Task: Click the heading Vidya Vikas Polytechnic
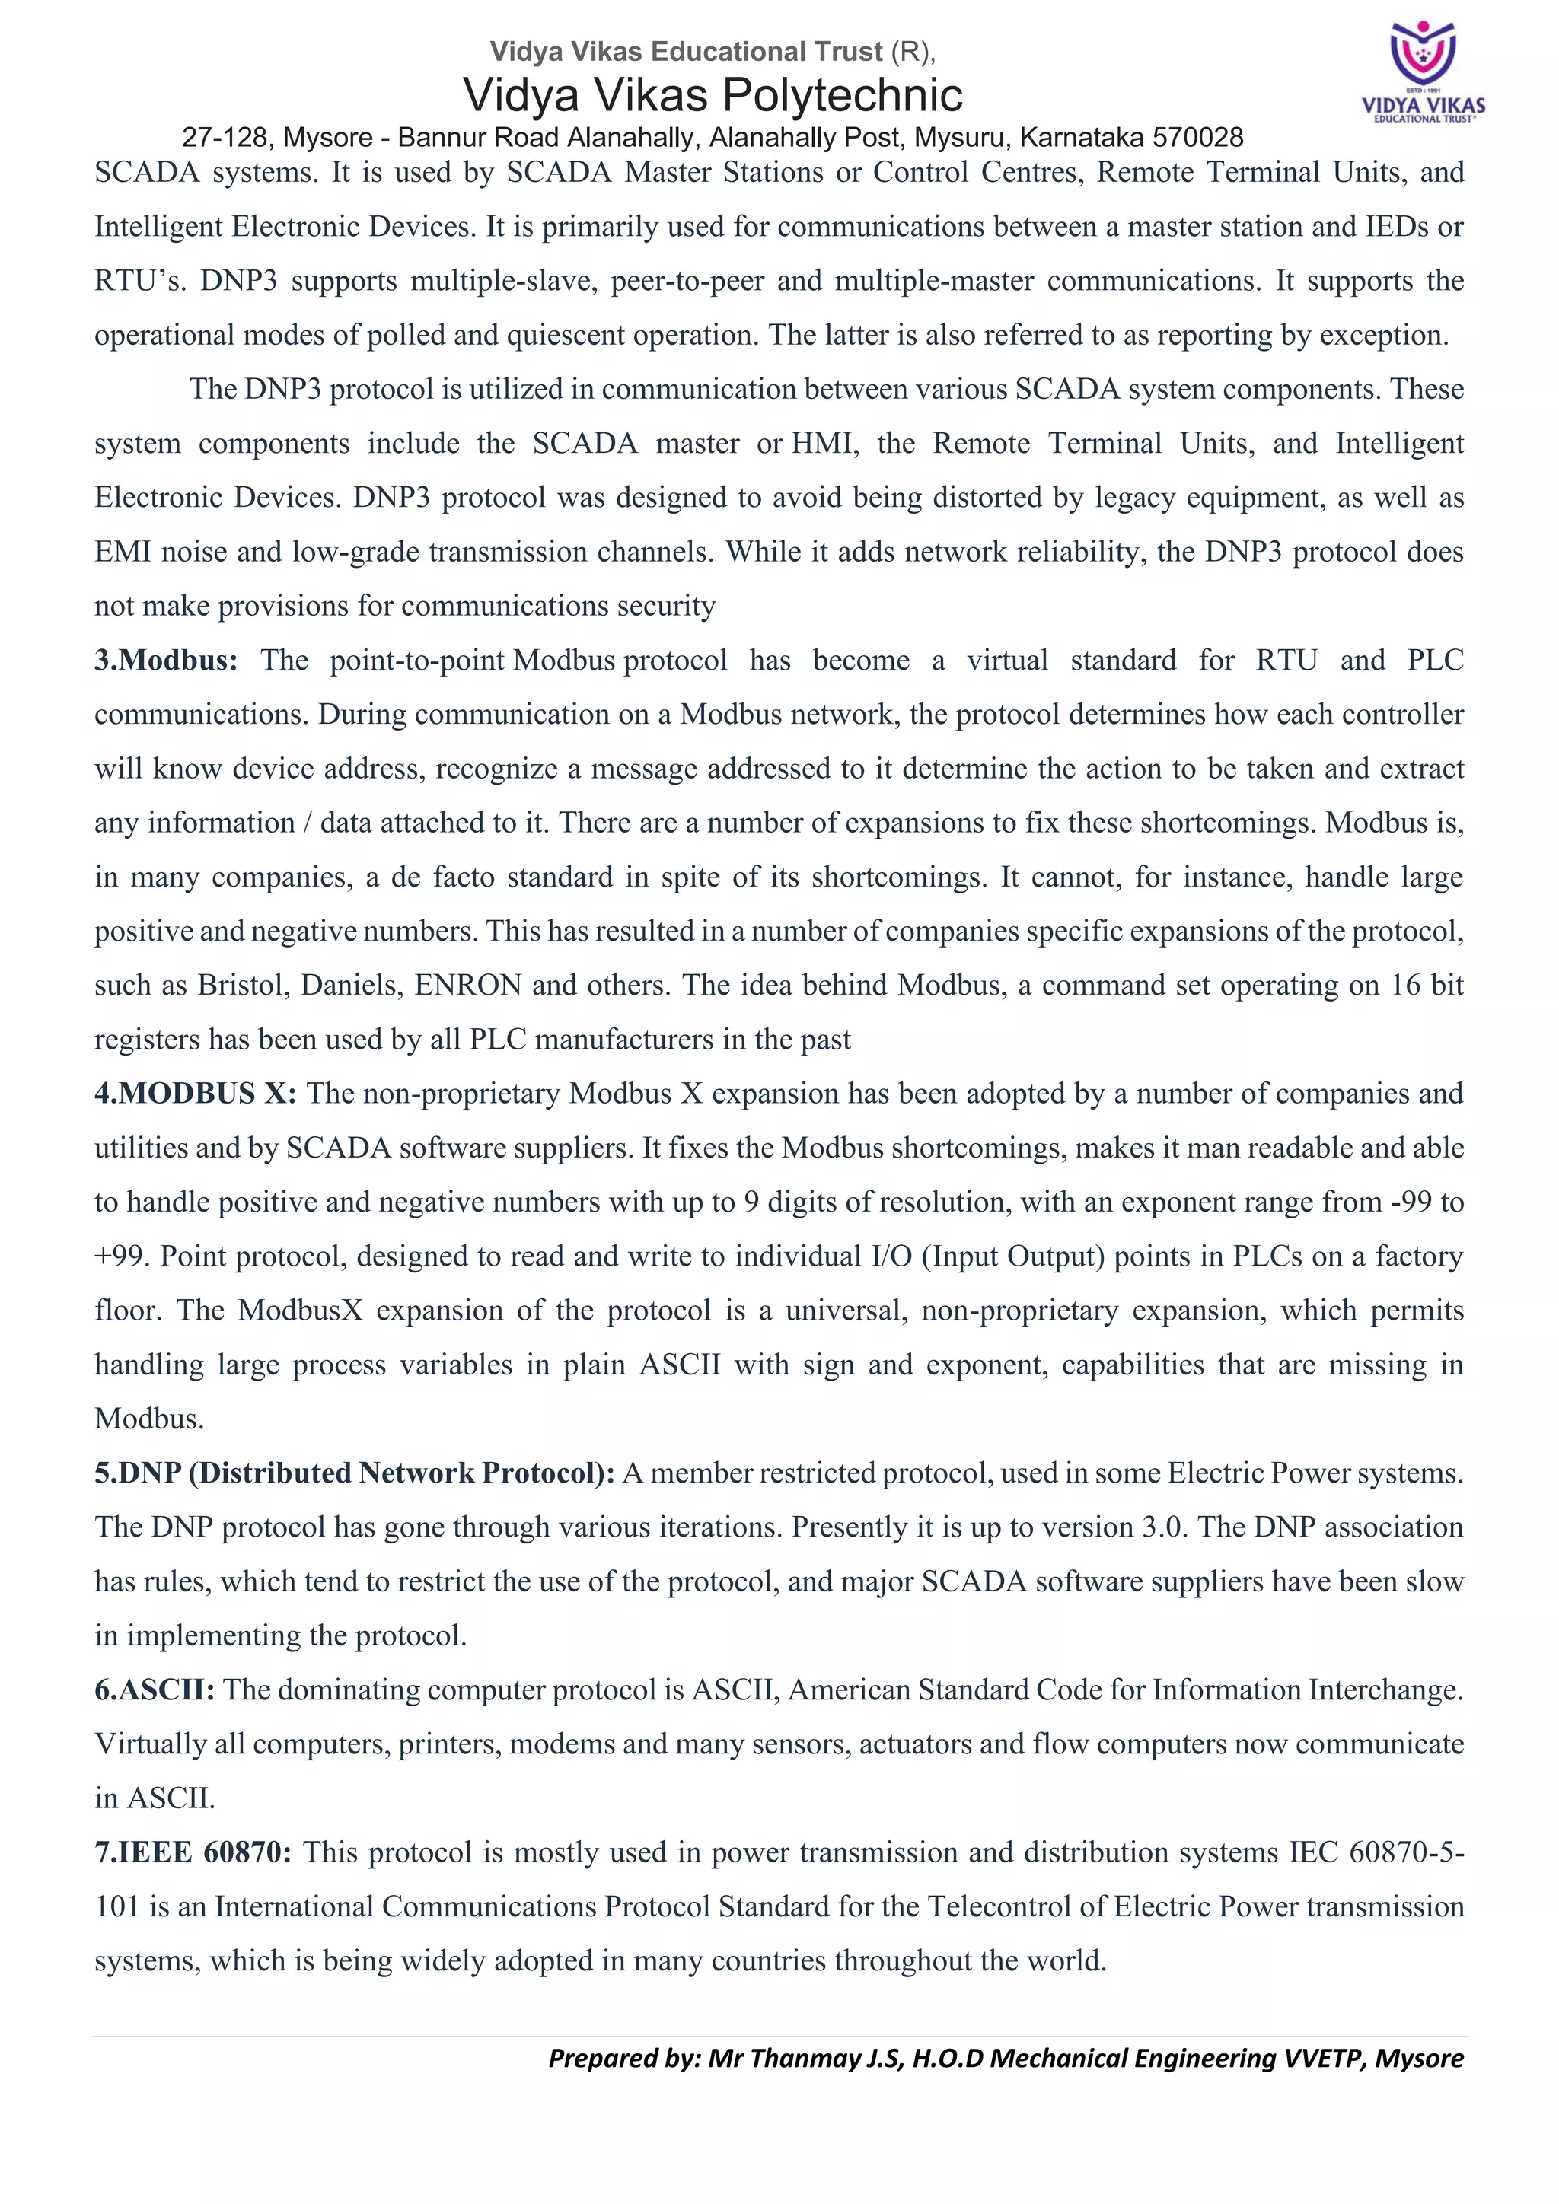coord(713,95)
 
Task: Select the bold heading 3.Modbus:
coord(166,661)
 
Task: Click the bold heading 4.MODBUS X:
coord(196,1094)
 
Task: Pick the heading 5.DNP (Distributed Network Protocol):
coord(354,1473)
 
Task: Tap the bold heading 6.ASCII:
coord(155,1690)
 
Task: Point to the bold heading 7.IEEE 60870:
coord(193,1852)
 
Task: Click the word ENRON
coord(467,985)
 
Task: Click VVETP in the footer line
coord(1327,2058)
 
